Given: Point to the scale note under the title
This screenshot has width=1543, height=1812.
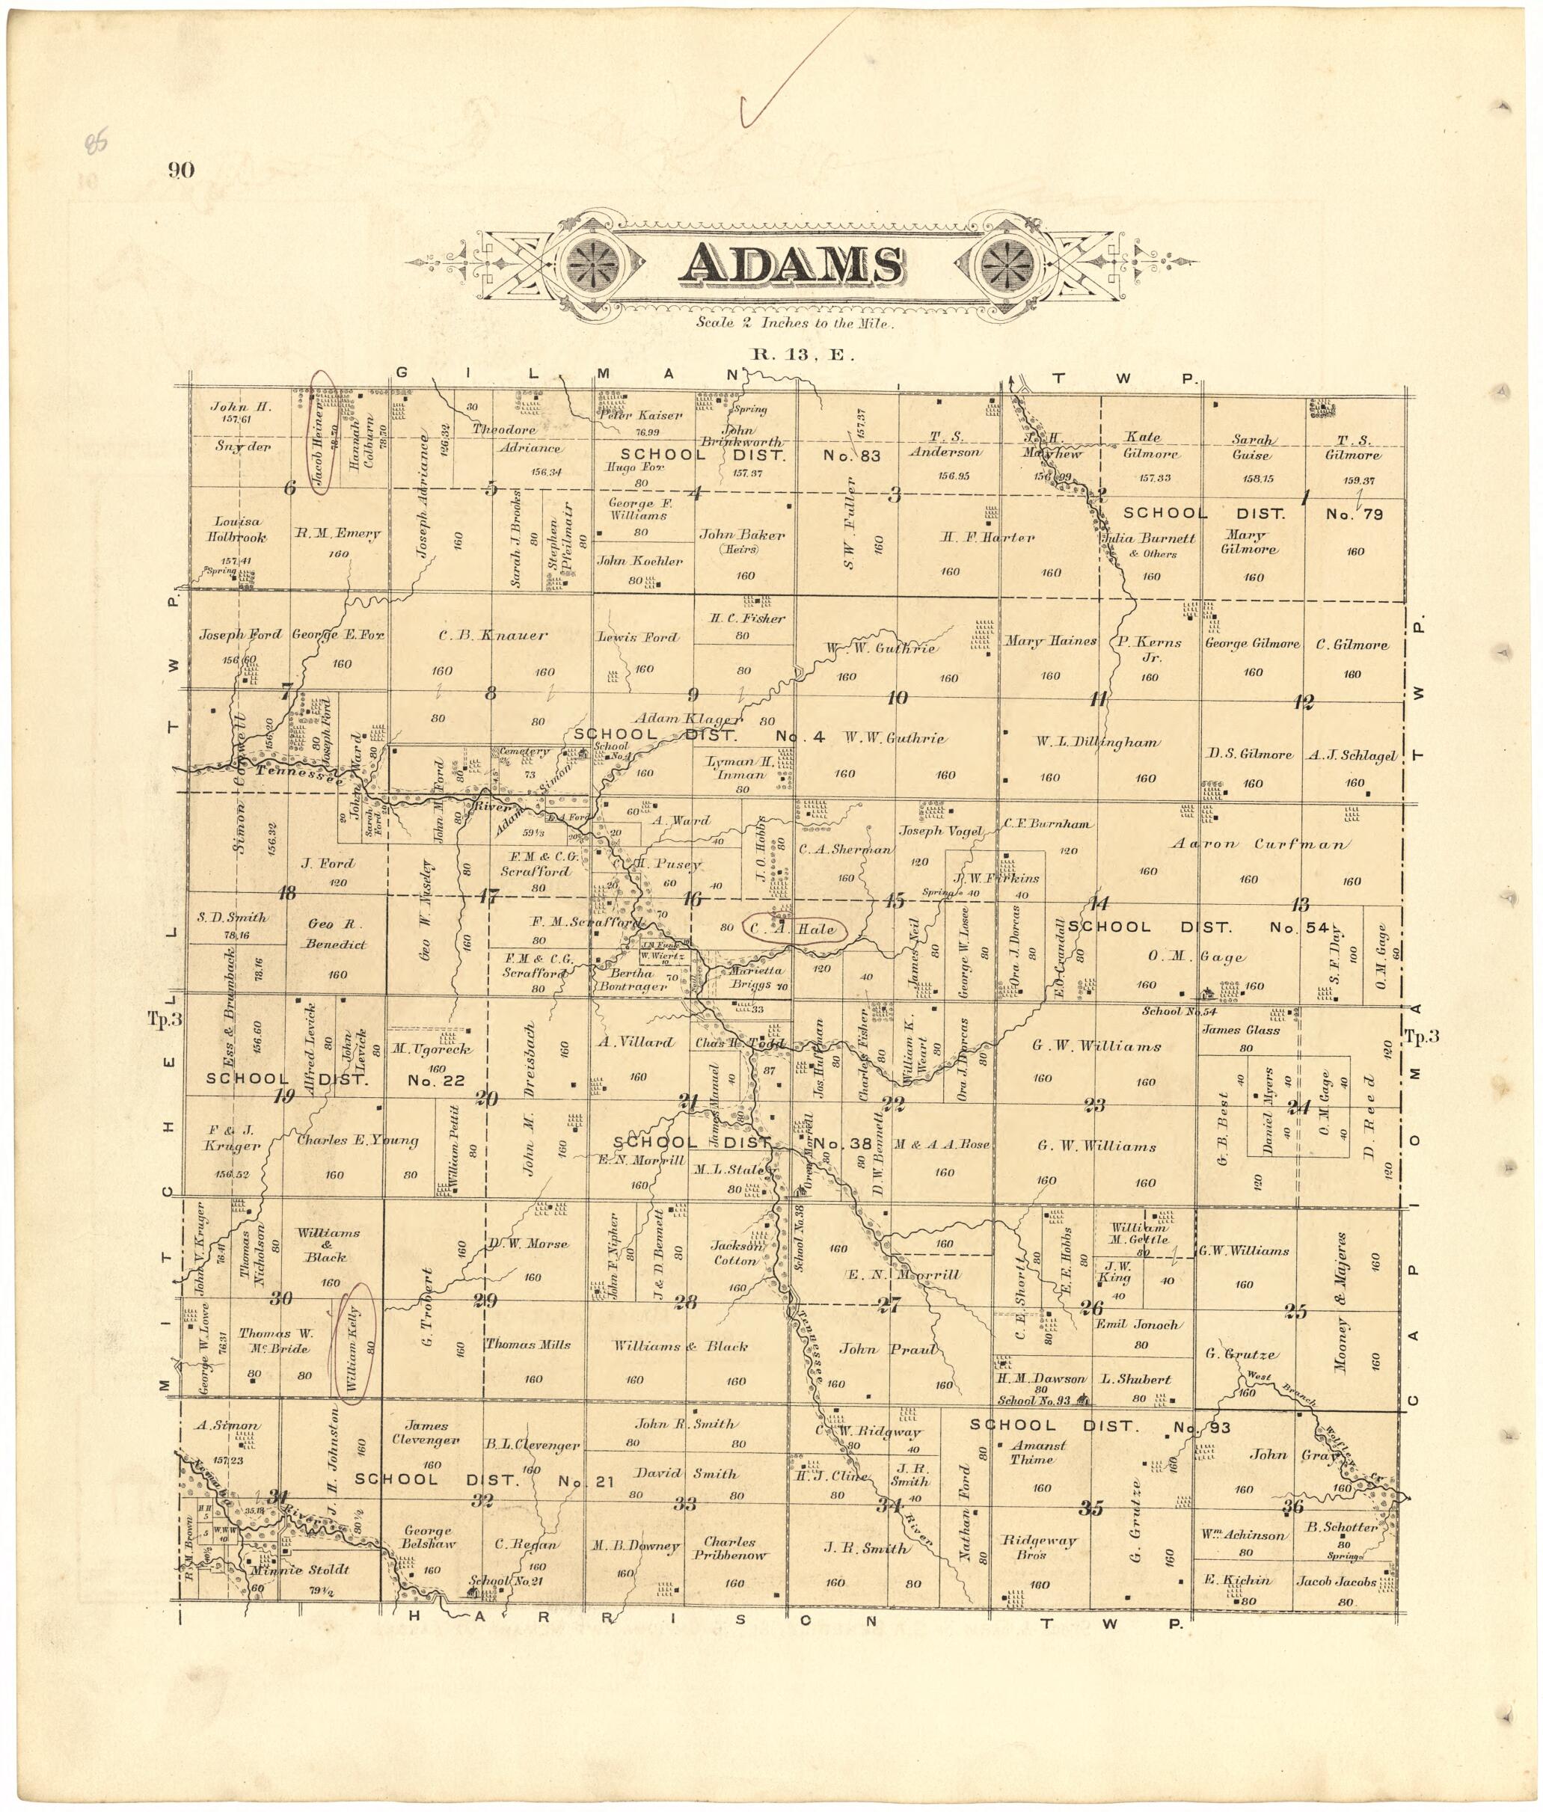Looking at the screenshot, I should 794,323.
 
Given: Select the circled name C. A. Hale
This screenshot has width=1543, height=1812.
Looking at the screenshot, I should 794,930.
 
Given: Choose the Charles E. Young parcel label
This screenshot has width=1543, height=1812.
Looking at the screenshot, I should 357,1140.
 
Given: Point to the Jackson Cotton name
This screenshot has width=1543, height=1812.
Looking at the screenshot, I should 736,1253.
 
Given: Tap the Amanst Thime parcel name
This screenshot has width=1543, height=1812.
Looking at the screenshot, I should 1037,1452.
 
